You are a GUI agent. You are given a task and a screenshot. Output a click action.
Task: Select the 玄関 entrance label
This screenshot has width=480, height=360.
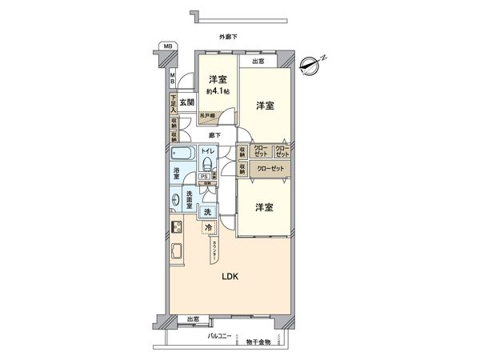(x=186, y=102)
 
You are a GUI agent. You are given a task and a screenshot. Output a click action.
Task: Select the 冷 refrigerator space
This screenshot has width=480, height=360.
(x=207, y=228)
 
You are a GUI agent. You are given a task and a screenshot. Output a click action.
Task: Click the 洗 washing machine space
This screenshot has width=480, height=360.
(x=207, y=212)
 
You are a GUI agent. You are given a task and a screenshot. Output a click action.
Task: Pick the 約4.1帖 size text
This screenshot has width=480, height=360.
(x=217, y=91)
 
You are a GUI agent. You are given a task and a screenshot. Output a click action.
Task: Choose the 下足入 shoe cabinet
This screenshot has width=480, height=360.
(x=174, y=104)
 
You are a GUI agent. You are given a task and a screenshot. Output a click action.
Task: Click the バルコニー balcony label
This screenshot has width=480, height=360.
(x=220, y=338)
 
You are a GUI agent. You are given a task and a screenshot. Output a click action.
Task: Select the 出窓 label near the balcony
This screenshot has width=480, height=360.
(x=192, y=320)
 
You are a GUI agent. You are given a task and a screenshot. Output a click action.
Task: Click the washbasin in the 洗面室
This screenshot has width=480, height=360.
(x=174, y=201)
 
